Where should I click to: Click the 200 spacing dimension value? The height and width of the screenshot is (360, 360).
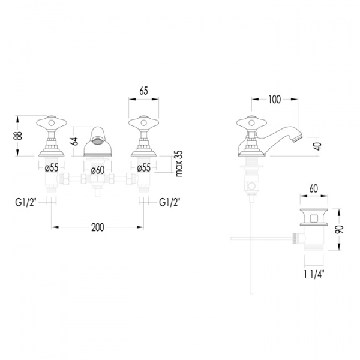tap(98, 227)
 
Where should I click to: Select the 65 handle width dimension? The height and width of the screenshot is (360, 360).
tap(143, 91)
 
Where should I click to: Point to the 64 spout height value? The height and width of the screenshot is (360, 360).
tap(75, 141)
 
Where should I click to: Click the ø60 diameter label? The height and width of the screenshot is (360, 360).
tap(98, 170)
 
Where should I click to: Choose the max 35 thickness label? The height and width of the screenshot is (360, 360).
tap(179, 163)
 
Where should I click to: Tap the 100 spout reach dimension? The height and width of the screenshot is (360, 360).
tap(275, 100)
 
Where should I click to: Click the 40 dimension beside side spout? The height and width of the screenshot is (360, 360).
tap(319, 146)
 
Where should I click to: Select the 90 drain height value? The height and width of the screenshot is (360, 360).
tap(339, 230)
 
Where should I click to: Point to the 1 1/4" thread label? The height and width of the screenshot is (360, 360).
tap(314, 274)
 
